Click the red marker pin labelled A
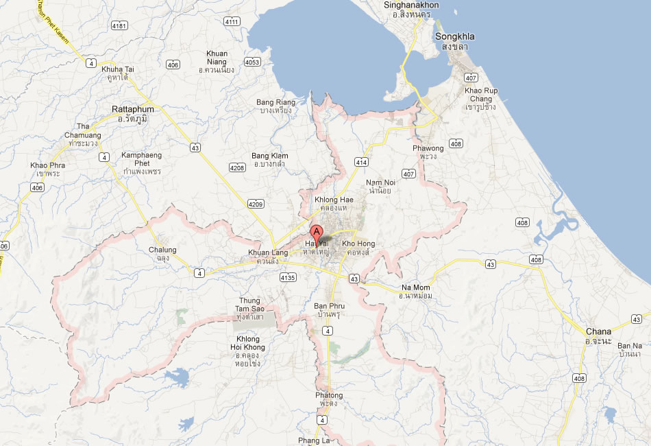[x=316, y=232]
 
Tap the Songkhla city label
[x=454, y=37]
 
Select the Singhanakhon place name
[x=411, y=5]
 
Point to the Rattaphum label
[x=133, y=109]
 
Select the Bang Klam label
[x=270, y=156]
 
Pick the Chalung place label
[x=162, y=250]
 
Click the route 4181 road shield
[x=119, y=25]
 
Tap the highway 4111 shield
[x=232, y=22]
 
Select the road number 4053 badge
[x=252, y=62]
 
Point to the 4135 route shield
[x=288, y=278]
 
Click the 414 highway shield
[x=362, y=162]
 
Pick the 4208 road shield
[x=237, y=167]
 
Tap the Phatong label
[x=329, y=395]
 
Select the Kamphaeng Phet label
[x=141, y=159]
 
